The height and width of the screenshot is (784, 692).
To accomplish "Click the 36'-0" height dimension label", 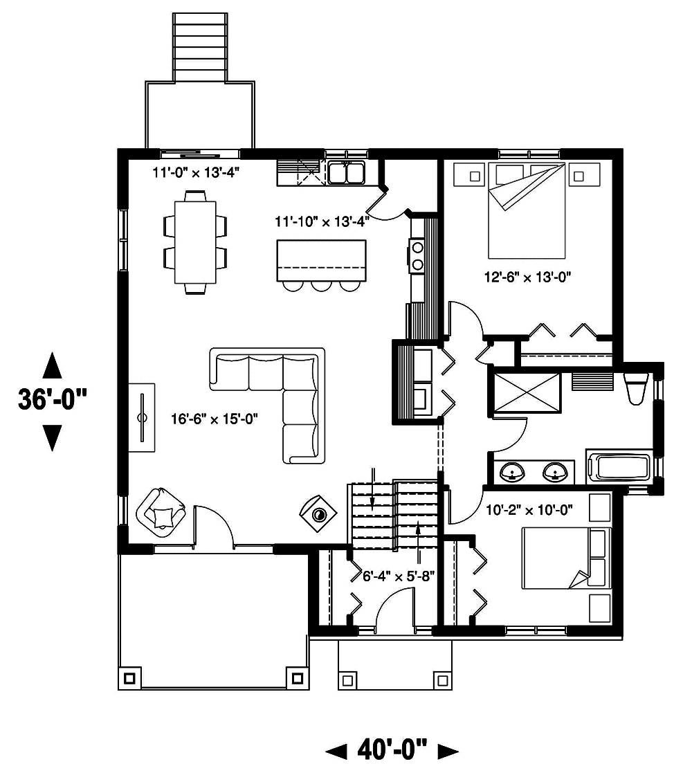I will click(x=53, y=401).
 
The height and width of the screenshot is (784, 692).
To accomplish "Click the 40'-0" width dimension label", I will click(x=392, y=749).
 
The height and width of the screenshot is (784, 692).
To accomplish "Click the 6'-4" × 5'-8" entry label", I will click(x=399, y=576).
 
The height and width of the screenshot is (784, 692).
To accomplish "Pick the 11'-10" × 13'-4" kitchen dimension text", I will click(x=320, y=221).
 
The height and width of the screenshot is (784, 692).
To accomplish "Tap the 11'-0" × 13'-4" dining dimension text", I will click(x=197, y=172).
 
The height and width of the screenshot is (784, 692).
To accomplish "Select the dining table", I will click(x=195, y=241).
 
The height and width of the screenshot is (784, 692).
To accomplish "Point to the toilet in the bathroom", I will click(x=634, y=388).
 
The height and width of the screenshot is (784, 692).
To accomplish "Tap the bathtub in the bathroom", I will click(x=620, y=466).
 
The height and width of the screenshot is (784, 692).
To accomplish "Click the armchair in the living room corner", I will click(x=162, y=511).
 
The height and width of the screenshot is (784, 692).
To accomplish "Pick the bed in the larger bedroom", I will click(x=527, y=211).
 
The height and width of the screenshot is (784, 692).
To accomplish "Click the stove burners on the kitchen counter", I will click(x=418, y=255).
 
